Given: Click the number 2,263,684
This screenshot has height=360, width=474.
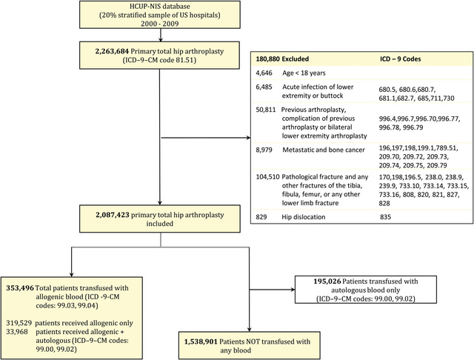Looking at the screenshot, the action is (x=112, y=51).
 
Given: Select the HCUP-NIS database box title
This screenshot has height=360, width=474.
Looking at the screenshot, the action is (x=160, y=7).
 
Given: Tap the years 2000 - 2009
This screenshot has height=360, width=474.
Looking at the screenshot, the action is (x=160, y=24).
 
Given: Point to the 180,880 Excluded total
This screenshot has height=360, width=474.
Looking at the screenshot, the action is (x=282, y=59).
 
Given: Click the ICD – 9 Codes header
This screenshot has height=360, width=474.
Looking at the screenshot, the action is (x=400, y=59).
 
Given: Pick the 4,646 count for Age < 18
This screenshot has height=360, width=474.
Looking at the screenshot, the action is (x=264, y=73).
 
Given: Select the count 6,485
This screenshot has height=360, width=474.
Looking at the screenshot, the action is (x=264, y=87).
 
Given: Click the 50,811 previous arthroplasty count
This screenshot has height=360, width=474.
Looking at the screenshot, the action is (x=266, y=110).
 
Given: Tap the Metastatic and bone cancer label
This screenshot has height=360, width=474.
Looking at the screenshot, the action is (x=324, y=150).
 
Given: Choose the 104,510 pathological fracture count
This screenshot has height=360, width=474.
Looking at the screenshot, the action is (x=268, y=177).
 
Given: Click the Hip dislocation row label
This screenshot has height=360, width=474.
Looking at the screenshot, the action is (x=304, y=217).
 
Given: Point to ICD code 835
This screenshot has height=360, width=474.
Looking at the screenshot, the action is (x=385, y=217).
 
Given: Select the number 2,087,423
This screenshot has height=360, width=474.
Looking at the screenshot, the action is (x=113, y=215).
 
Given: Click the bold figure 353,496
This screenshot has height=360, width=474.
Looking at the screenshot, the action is (x=20, y=288).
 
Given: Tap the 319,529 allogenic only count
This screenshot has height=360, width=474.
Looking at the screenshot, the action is (x=19, y=323).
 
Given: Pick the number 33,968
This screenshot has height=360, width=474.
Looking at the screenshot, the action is (x=17, y=332).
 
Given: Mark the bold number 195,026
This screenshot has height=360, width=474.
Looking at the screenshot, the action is (x=327, y=281).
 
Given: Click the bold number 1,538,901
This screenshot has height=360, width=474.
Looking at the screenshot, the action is (x=201, y=342).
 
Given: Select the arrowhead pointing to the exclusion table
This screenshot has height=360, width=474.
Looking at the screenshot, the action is (x=249, y=138).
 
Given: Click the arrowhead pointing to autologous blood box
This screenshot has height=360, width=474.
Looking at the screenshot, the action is (x=293, y=290).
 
